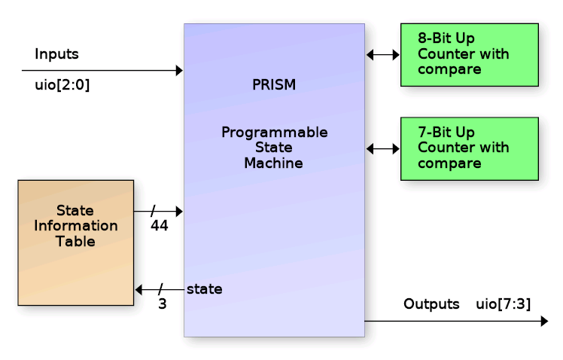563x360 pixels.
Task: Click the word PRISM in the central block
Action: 274,85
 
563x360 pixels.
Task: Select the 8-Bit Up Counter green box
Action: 469,54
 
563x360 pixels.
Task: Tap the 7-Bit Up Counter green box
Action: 469,148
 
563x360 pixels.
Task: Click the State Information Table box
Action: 75,242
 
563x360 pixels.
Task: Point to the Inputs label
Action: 56,54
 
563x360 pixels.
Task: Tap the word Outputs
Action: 431,304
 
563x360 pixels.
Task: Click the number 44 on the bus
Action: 159,226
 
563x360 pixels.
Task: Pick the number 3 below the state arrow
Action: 162,305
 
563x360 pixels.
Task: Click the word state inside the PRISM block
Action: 204,288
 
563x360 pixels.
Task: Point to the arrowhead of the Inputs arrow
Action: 179,71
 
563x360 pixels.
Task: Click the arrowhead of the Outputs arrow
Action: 544,322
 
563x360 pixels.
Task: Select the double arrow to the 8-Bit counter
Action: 382,54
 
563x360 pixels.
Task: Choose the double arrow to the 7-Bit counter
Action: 382,149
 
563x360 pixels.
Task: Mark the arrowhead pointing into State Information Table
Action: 139,289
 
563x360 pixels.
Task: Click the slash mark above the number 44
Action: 154,212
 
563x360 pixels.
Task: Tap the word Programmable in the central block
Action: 274,133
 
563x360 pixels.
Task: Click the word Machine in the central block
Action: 273,163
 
